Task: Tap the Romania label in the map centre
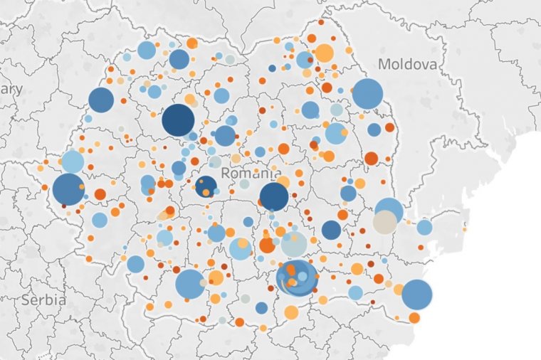pos(251,173)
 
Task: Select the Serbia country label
pos(44,300)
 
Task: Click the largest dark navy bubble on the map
pos(178,120)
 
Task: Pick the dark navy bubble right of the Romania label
pos(274,197)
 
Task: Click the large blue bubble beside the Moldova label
pos(367,94)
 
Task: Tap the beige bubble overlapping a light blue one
pos(384,222)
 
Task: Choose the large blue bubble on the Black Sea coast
pos(417,295)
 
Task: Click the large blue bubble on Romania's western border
pos(68,189)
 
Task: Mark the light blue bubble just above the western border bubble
pos(73,162)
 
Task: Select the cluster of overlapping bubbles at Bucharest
pos(297,277)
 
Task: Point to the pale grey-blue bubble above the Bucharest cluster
pos(293,244)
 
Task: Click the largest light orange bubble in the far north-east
pos(324,53)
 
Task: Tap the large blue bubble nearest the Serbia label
pos(189,284)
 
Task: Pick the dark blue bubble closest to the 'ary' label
pos(101,100)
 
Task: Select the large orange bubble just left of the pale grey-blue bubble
pos(268,245)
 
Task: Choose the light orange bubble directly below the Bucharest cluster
pos(291,312)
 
